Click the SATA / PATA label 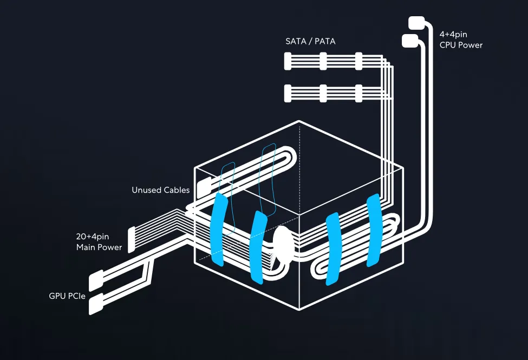coord(310,41)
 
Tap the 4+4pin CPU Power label coord(461,40)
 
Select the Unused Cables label coord(161,190)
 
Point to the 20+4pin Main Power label coord(99,242)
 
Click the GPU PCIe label coord(67,296)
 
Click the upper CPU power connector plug coord(416,23)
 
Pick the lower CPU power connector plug coord(410,41)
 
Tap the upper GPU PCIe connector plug coord(96,280)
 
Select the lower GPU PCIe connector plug coord(96,304)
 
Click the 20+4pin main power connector coord(132,239)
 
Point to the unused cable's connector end coord(204,188)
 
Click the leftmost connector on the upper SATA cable coord(288,61)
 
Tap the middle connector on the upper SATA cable coord(323,61)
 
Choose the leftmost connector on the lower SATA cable coord(288,93)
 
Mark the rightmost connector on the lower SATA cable coord(358,93)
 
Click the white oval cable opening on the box coord(282,243)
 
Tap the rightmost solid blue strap coord(374,231)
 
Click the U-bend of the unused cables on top coord(288,155)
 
